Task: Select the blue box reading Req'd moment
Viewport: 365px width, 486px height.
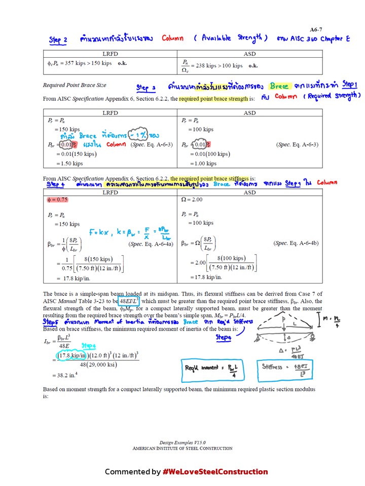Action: [212, 370]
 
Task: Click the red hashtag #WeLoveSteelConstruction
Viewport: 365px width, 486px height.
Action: [215, 472]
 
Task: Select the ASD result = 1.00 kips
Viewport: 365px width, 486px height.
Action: [203, 164]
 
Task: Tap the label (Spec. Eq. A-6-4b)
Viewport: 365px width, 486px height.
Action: [297, 244]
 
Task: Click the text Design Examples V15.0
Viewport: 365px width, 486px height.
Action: [182, 442]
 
